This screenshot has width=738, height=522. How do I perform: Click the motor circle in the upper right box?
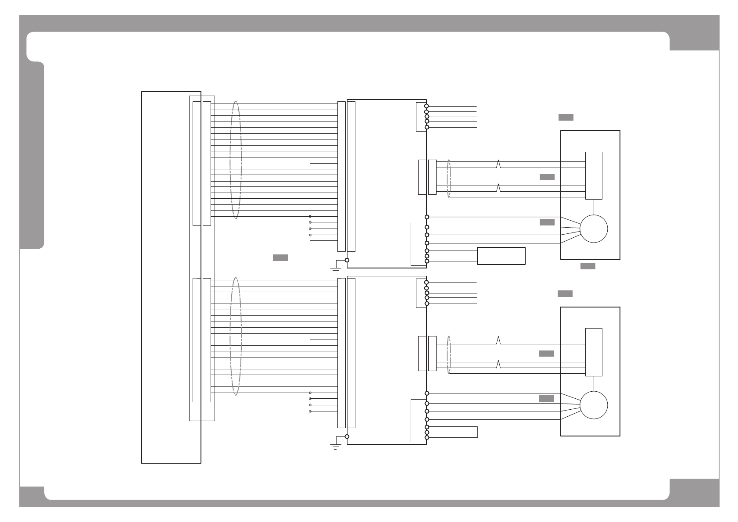pyautogui.click(x=594, y=229)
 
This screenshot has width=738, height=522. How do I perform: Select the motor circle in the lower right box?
pyautogui.click(x=594, y=405)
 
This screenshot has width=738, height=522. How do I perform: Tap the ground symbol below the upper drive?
pyautogui.click(x=335, y=268)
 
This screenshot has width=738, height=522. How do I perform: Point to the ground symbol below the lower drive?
pyautogui.click(x=335, y=446)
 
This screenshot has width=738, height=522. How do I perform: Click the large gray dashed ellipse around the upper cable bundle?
pyautogui.click(x=236, y=160)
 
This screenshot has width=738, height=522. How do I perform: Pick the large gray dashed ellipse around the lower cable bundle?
pyautogui.click(x=236, y=336)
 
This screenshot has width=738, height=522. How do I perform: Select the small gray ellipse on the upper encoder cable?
pyautogui.click(x=448, y=179)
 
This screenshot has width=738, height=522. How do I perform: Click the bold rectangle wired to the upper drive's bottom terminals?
pyautogui.click(x=501, y=256)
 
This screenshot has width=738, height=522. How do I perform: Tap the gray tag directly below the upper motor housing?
pyautogui.click(x=588, y=266)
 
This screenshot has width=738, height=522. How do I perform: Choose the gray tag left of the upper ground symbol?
pyautogui.click(x=280, y=257)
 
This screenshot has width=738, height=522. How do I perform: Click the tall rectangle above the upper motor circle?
pyautogui.click(x=594, y=175)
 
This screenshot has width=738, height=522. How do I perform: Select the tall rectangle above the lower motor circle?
pyautogui.click(x=594, y=352)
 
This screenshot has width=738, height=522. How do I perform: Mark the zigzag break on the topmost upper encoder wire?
pyautogui.click(x=498, y=164)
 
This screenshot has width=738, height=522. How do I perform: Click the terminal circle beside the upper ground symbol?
pyautogui.click(x=347, y=260)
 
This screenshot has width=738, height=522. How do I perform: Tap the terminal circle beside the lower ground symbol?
pyautogui.click(x=347, y=436)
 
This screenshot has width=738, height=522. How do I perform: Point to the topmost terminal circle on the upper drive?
pyautogui.click(x=426, y=106)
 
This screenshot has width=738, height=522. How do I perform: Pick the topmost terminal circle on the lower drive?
pyautogui.click(x=426, y=282)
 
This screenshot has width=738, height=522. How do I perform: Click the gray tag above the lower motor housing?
pyautogui.click(x=565, y=293)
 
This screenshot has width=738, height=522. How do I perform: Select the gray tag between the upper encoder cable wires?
pyautogui.click(x=547, y=177)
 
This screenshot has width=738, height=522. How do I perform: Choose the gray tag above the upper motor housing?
pyautogui.click(x=566, y=117)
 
